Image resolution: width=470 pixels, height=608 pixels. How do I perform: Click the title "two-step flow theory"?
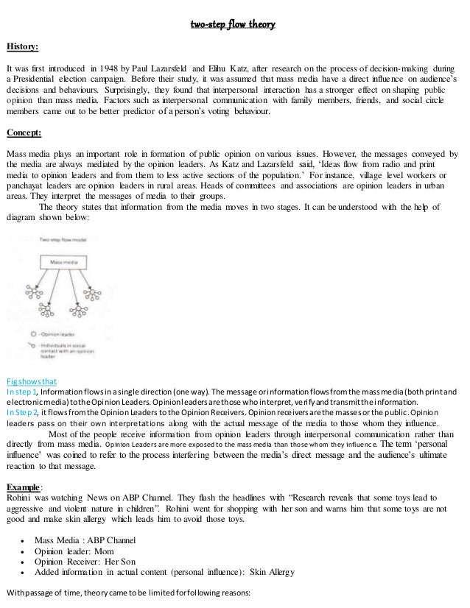234,26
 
